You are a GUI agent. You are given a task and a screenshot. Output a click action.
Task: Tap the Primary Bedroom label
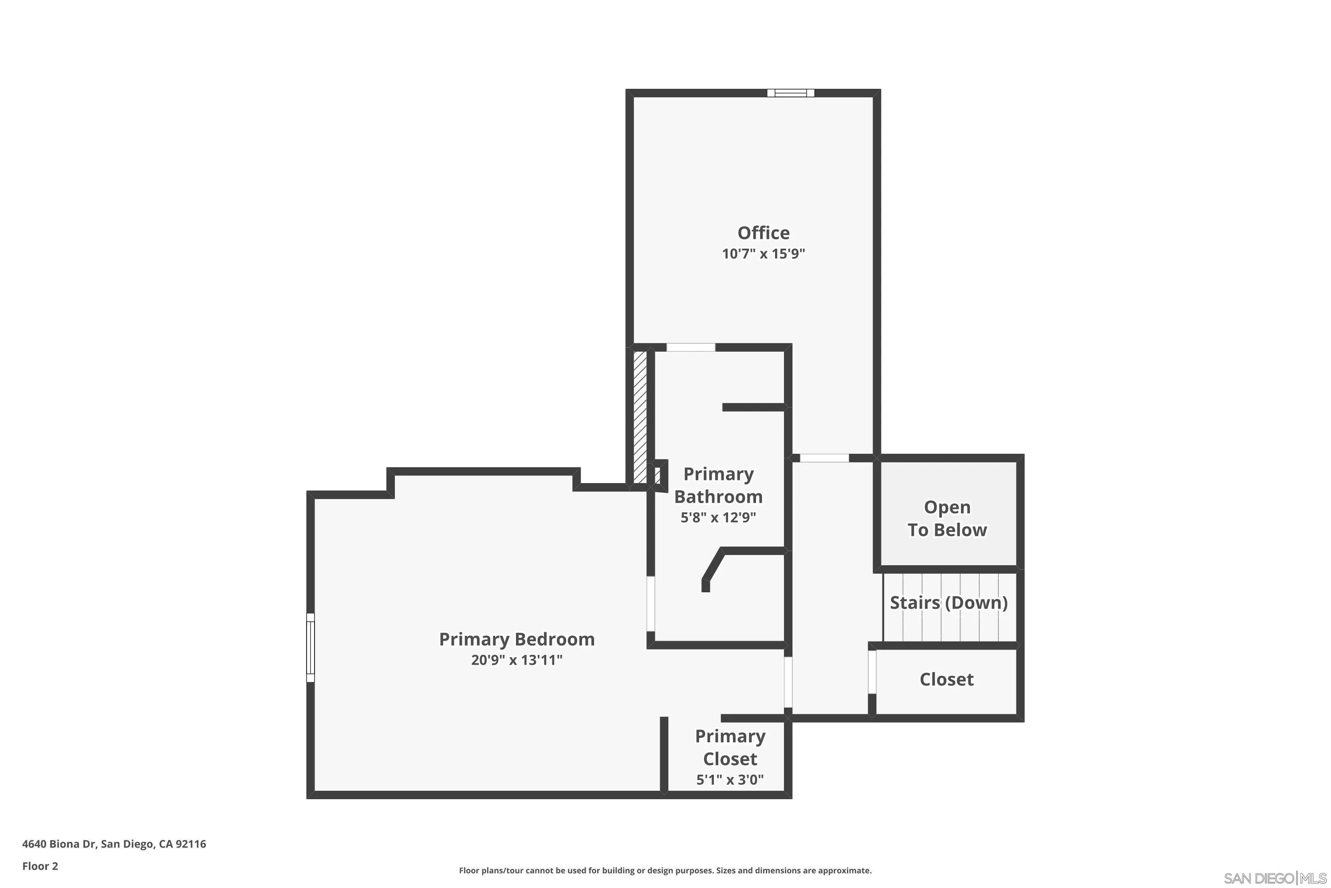click(517, 639)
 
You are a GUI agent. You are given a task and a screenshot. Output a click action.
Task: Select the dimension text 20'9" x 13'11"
click(517, 660)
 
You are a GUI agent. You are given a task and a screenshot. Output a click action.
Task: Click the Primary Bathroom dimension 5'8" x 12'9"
click(718, 517)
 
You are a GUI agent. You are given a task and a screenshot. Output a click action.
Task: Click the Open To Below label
click(947, 518)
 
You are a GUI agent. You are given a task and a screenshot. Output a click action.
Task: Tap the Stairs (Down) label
click(949, 603)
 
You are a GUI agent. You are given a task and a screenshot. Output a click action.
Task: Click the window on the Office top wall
click(791, 93)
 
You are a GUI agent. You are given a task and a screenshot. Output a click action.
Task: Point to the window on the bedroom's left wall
click(310, 647)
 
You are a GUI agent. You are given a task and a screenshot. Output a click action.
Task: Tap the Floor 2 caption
click(40, 866)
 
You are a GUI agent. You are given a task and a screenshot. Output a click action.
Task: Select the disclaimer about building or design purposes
click(665, 870)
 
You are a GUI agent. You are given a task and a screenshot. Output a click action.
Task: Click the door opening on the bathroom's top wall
click(690, 347)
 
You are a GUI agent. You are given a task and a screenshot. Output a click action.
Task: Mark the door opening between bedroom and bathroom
click(651, 604)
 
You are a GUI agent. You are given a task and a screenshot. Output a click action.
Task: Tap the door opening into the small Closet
click(872, 672)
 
